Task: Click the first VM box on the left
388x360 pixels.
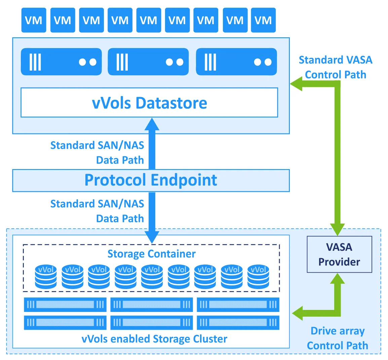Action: pos(34,21)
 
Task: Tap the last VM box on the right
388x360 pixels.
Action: pos(263,21)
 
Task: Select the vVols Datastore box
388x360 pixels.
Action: pos(149,103)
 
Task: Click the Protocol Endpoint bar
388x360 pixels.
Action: pos(151,180)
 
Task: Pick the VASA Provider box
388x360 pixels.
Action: pos(339,254)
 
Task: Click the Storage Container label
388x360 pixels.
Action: pos(151,254)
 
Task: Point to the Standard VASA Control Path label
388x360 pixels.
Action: pos(336,67)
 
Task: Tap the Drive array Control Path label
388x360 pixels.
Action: pos(337,338)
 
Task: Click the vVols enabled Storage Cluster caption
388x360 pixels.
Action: pos(154,339)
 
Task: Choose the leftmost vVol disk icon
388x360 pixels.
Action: pos(46,277)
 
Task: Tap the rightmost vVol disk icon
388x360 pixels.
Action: pos(258,277)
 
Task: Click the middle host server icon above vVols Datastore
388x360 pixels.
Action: pos(148,62)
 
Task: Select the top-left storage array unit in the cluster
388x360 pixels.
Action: pos(65,305)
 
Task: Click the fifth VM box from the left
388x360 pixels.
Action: pos(149,21)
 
